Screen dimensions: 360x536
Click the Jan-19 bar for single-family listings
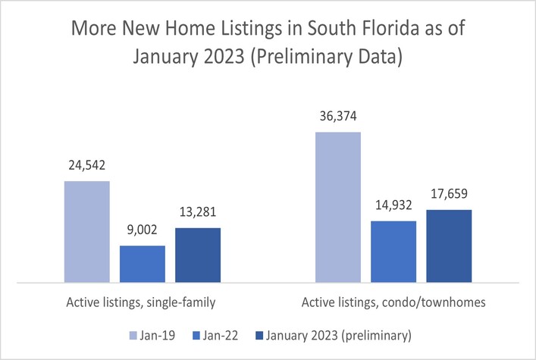click(86, 232)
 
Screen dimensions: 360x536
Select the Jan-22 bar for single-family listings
click(143, 264)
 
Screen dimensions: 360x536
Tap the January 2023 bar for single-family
click(197, 255)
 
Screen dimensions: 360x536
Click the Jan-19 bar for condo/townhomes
click(337, 207)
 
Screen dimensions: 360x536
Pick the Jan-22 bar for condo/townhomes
click(393, 252)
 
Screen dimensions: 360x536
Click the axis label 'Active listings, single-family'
click(142, 302)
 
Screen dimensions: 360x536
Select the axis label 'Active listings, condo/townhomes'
click(393, 302)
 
